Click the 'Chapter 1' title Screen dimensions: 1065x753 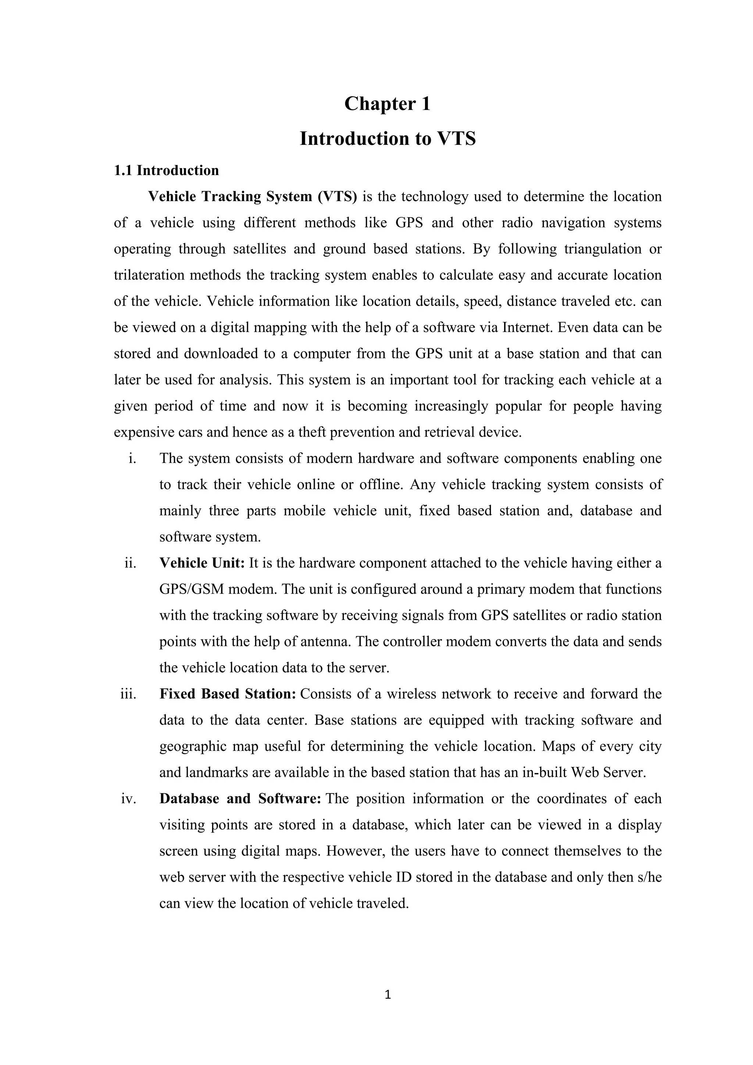point(387,103)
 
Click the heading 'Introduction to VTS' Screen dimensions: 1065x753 point(387,139)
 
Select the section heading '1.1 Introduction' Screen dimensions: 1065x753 point(167,171)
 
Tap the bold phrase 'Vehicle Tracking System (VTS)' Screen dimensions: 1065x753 point(253,197)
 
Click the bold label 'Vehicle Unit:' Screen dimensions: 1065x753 point(202,563)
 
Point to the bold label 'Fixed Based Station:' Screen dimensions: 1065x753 point(228,694)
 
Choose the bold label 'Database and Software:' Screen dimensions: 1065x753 point(240,799)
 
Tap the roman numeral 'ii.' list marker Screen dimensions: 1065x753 point(130,563)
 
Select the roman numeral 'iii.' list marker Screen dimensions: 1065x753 point(128,694)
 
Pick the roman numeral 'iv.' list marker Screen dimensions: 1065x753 point(128,799)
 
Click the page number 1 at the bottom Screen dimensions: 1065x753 point(388,994)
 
